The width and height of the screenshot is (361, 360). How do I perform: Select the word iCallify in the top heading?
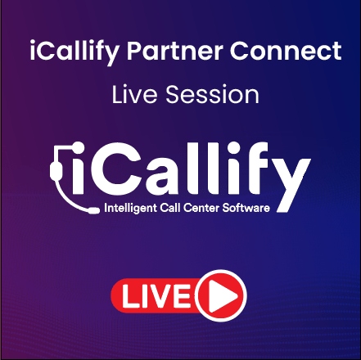click(x=66, y=52)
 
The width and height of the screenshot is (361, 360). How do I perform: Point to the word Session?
click(x=212, y=94)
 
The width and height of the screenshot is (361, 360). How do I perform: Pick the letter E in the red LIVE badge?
click(x=185, y=296)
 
